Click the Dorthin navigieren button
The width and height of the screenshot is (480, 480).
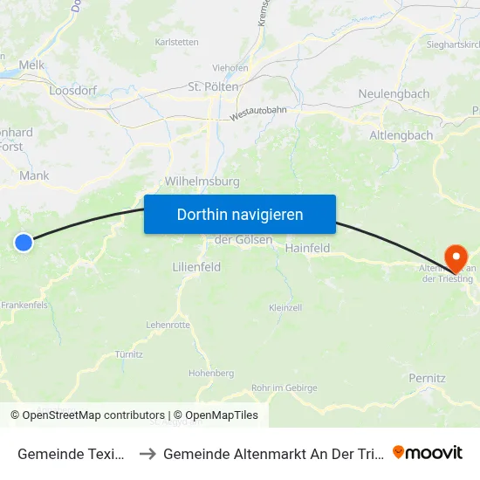tap(240, 215)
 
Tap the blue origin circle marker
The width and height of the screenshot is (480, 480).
tap(24, 243)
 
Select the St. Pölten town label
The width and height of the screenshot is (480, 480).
tap(214, 87)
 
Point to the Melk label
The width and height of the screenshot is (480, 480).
tap(31, 65)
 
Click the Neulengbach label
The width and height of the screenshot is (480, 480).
tap(394, 93)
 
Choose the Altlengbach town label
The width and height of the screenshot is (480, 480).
tap(401, 135)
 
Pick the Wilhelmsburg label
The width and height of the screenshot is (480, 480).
tap(202, 182)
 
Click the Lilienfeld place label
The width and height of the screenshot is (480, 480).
tap(196, 267)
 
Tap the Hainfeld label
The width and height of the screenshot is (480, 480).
tap(307, 248)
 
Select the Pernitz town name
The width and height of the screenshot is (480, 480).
tap(427, 378)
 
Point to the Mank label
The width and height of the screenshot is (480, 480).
tap(34, 175)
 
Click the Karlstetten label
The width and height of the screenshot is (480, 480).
tap(177, 42)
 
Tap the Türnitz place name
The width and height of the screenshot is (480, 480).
tap(129, 354)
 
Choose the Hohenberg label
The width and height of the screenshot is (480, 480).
tap(211, 373)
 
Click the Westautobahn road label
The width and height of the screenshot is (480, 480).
tap(259, 109)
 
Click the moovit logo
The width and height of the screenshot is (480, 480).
tap(428, 452)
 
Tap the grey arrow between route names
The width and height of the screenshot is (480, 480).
tap(147, 453)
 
